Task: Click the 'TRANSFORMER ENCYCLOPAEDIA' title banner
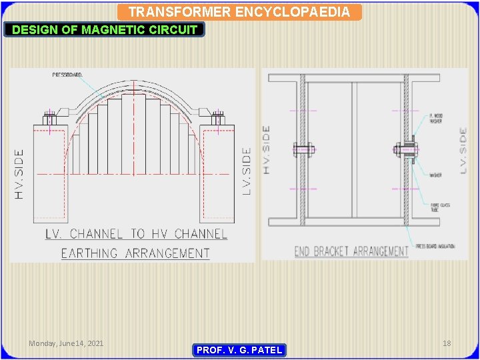click(x=239, y=12)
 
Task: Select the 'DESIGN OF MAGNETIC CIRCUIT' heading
click(x=105, y=29)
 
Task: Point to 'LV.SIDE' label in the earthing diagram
click(x=246, y=171)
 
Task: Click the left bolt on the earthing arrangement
click(x=49, y=121)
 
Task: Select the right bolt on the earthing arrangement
click(x=217, y=121)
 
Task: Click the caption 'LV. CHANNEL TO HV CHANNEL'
click(x=136, y=234)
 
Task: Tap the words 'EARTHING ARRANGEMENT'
click(x=135, y=253)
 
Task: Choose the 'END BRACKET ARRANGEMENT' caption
click(x=351, y=251)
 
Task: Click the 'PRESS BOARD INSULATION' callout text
click(x=435, y=246)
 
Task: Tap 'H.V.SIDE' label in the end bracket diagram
click(x=267, y=150)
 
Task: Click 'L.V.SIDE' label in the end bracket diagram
click(x=463, y=151)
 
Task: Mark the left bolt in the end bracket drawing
click(x=301, y=149)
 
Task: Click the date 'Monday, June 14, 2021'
click(x=66, y=343)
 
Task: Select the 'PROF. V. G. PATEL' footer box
click(x=239, y=350)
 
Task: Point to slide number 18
click(x=447, y=343)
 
